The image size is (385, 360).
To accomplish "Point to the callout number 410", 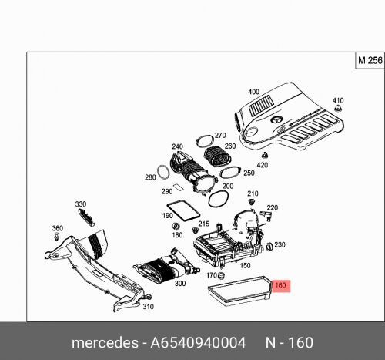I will pyautogui.click(x=337, y=101).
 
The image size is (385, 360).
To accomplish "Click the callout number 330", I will pyautogui.click(x=80, y=204).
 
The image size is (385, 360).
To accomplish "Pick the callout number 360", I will pyautogui.click(x=56, y=228).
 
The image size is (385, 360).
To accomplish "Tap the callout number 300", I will pyautogui.click(x=180, y=284).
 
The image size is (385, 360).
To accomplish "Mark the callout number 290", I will pyautogui.click(x=167, y=191).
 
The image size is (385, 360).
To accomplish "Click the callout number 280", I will pyautogui.click(x=150, y=178).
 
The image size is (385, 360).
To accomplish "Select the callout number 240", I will pyautogui.click(x=177, y=146).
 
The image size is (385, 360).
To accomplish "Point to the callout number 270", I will pyautogui.click(x=219, y=136).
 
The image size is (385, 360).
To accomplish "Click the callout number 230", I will pyautogui.click(x=280, y=245).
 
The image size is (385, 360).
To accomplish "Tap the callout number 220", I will pyautogui.click(x=271, y=207).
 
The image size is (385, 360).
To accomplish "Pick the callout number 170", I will pyautogui.click(x=211, y=274).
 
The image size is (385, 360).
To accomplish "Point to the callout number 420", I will pyautogui.click(x=262, y=165).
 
